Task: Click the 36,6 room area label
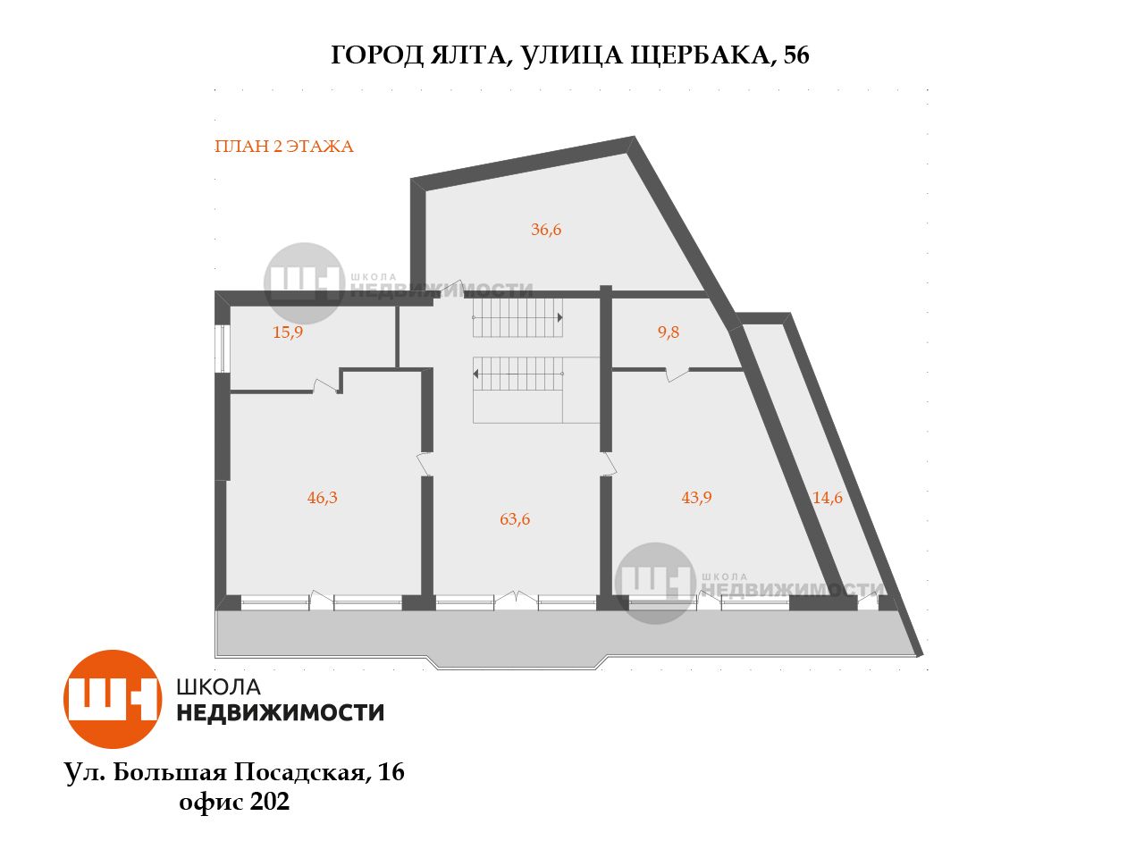pos(546,229)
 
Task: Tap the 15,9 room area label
pos(288,332)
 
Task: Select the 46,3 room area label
pos(322,498)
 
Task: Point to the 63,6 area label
pos(515,519)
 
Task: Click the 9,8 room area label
pos(669,332)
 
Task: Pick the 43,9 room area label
pos(696,498)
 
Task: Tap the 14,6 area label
pos(827,498)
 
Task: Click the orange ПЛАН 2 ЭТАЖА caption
pos(284,147)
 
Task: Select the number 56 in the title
pos(795,55)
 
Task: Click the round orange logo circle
pos(112,699)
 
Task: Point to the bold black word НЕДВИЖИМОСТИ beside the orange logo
pos(281,712)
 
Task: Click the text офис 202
pos(234,801)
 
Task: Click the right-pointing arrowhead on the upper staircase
pos(559,317)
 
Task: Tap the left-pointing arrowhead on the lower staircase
pos(475,374)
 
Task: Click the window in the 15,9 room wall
pos(223,349)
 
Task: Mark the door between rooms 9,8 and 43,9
pos(677,374)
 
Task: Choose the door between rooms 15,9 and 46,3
pos(325,386)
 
